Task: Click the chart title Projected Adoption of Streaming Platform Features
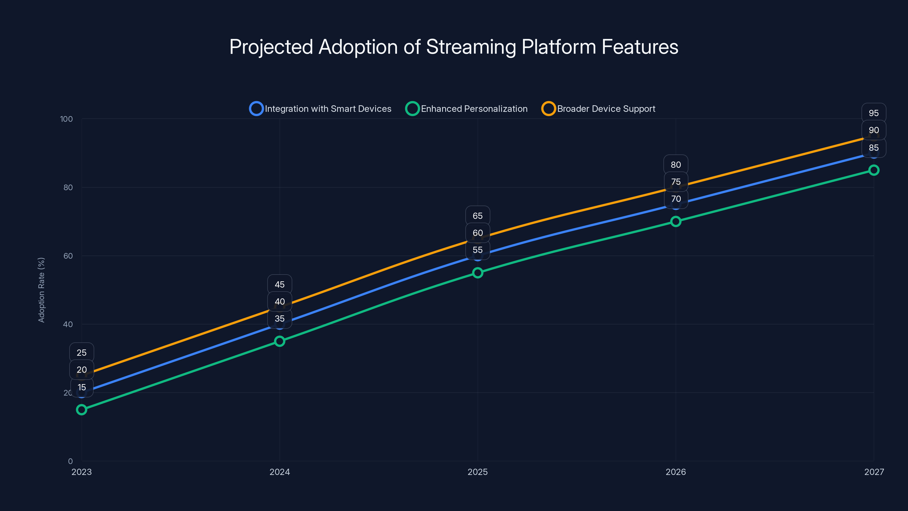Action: coord(454,47)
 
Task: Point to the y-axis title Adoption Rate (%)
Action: coord(41,290)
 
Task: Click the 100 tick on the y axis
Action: coord(66,119)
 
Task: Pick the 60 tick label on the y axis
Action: coord(68,256)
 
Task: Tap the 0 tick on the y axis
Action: coord(70,461)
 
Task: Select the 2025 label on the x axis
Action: coord(478,472)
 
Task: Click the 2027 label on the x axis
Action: coord(874,472)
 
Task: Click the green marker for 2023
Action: coord(82,409)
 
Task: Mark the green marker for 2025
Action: coord(478,273)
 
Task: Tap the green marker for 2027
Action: coord(874,170)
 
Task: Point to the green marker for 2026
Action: coord(676,221)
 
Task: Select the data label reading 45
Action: coord(279,284)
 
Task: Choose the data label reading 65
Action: coord(478,216)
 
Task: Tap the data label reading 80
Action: coord(676,165)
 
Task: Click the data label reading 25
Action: coord(82,353)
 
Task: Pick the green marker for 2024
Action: coord(279,341)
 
